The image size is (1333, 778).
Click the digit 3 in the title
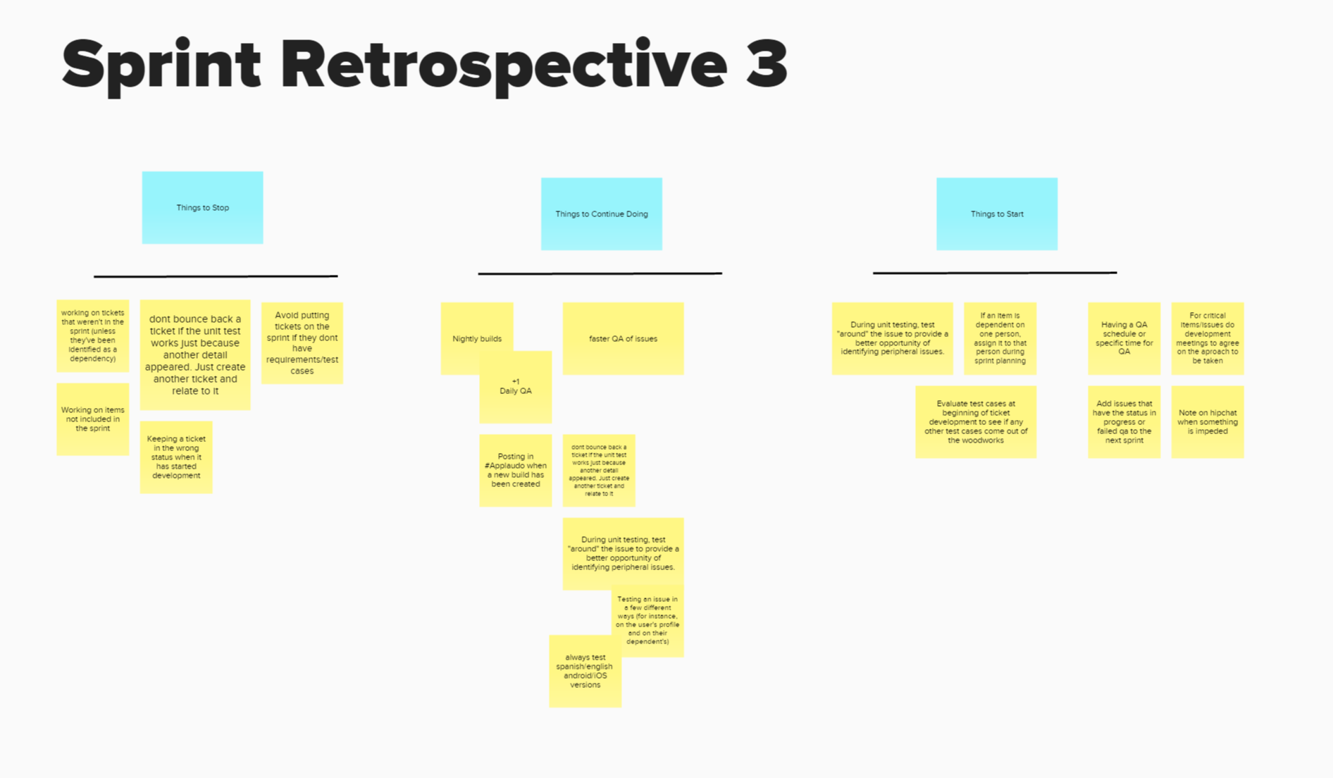[766, 65]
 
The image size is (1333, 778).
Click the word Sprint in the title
[161, 65]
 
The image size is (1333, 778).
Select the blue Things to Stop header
[202, 207]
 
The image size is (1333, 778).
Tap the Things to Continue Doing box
[601, 214]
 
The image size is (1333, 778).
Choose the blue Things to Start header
[996, 214]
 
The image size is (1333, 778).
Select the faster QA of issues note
[623, 338]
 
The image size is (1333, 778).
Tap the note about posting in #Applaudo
[515, 470]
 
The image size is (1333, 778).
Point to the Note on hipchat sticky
[1207, 421]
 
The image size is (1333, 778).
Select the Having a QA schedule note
[1124, 338]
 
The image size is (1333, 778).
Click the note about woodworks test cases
[976, 421]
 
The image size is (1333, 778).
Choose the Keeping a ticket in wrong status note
[176, 457]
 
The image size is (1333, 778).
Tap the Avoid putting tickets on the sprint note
[302, 342]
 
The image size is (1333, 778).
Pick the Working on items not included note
[92, 419]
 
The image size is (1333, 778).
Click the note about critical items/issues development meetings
[1207, 338]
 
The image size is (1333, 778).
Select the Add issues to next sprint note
[1124, 421]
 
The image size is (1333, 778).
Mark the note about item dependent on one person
[1000, 338]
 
